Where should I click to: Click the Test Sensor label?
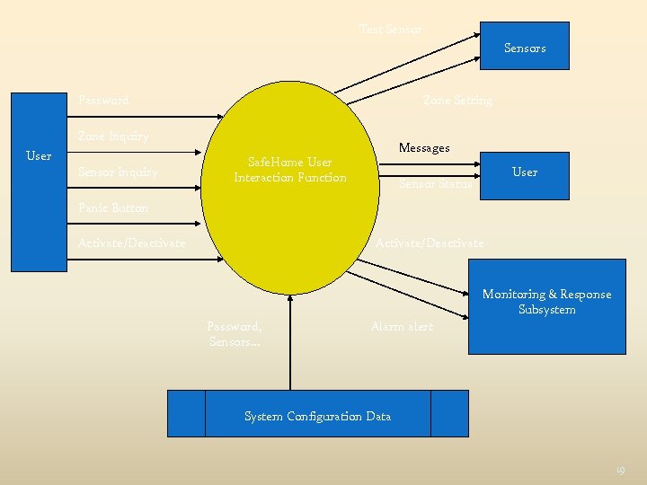(390, 30)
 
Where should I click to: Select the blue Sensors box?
(524, 45)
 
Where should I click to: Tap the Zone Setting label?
(457, 101)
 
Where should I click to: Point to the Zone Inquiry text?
(113, 137)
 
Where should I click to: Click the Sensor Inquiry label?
(118, 172)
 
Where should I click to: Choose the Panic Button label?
(113, 207)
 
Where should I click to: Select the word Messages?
(424, 147)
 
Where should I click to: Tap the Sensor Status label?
(434, 184)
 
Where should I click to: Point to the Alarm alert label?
(402, 327)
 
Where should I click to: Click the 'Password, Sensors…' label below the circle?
(235, 334)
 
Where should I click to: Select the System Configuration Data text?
(318, 416)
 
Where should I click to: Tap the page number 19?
(619, 469)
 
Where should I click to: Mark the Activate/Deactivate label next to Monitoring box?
(430, 243)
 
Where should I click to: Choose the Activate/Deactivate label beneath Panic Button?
(132, 243)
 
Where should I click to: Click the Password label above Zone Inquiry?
(103, 101)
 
